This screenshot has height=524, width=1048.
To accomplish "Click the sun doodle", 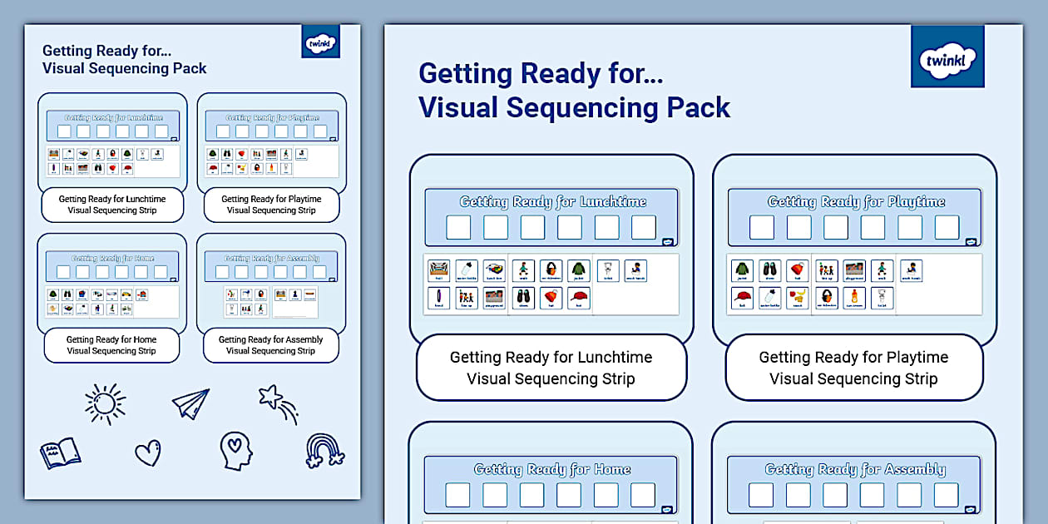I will [106, 404].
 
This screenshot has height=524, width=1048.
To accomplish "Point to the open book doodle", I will [60, 452].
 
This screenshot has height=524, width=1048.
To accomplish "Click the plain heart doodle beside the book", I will [147, 453].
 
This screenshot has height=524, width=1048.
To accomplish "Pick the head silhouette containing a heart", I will [235, 450].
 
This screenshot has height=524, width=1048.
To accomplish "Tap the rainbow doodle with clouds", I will [324, 451].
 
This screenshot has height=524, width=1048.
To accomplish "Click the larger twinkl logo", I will [947, 56].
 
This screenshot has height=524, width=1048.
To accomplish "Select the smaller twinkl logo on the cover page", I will [320, 42].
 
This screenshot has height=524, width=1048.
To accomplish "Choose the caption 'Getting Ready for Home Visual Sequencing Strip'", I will [111, 345].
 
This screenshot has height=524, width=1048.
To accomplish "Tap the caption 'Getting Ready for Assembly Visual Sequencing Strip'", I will [270, 345].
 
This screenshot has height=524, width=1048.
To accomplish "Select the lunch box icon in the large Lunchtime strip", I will [494, 270].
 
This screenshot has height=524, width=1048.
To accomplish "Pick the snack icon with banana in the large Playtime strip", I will [798, 298].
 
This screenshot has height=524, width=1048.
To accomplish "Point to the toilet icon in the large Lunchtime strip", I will [607, 270].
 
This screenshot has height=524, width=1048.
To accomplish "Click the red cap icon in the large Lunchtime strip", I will [579, 298].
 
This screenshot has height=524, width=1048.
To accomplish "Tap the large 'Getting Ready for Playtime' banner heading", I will [856, 201].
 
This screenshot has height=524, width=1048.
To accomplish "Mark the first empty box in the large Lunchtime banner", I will [458, 227].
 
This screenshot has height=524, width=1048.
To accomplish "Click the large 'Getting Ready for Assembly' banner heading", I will [855, 469].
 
